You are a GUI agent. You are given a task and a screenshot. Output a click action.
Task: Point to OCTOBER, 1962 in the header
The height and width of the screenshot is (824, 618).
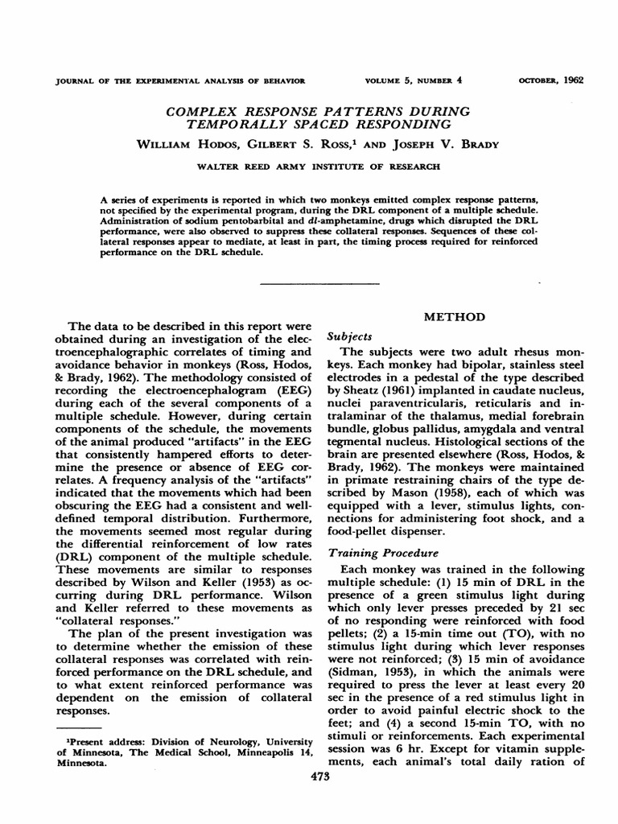pyautogui.click(x=551, y=80)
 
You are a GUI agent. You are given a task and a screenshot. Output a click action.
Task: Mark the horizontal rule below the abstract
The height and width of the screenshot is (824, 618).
pyautogui.click(x=319, y=284)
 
